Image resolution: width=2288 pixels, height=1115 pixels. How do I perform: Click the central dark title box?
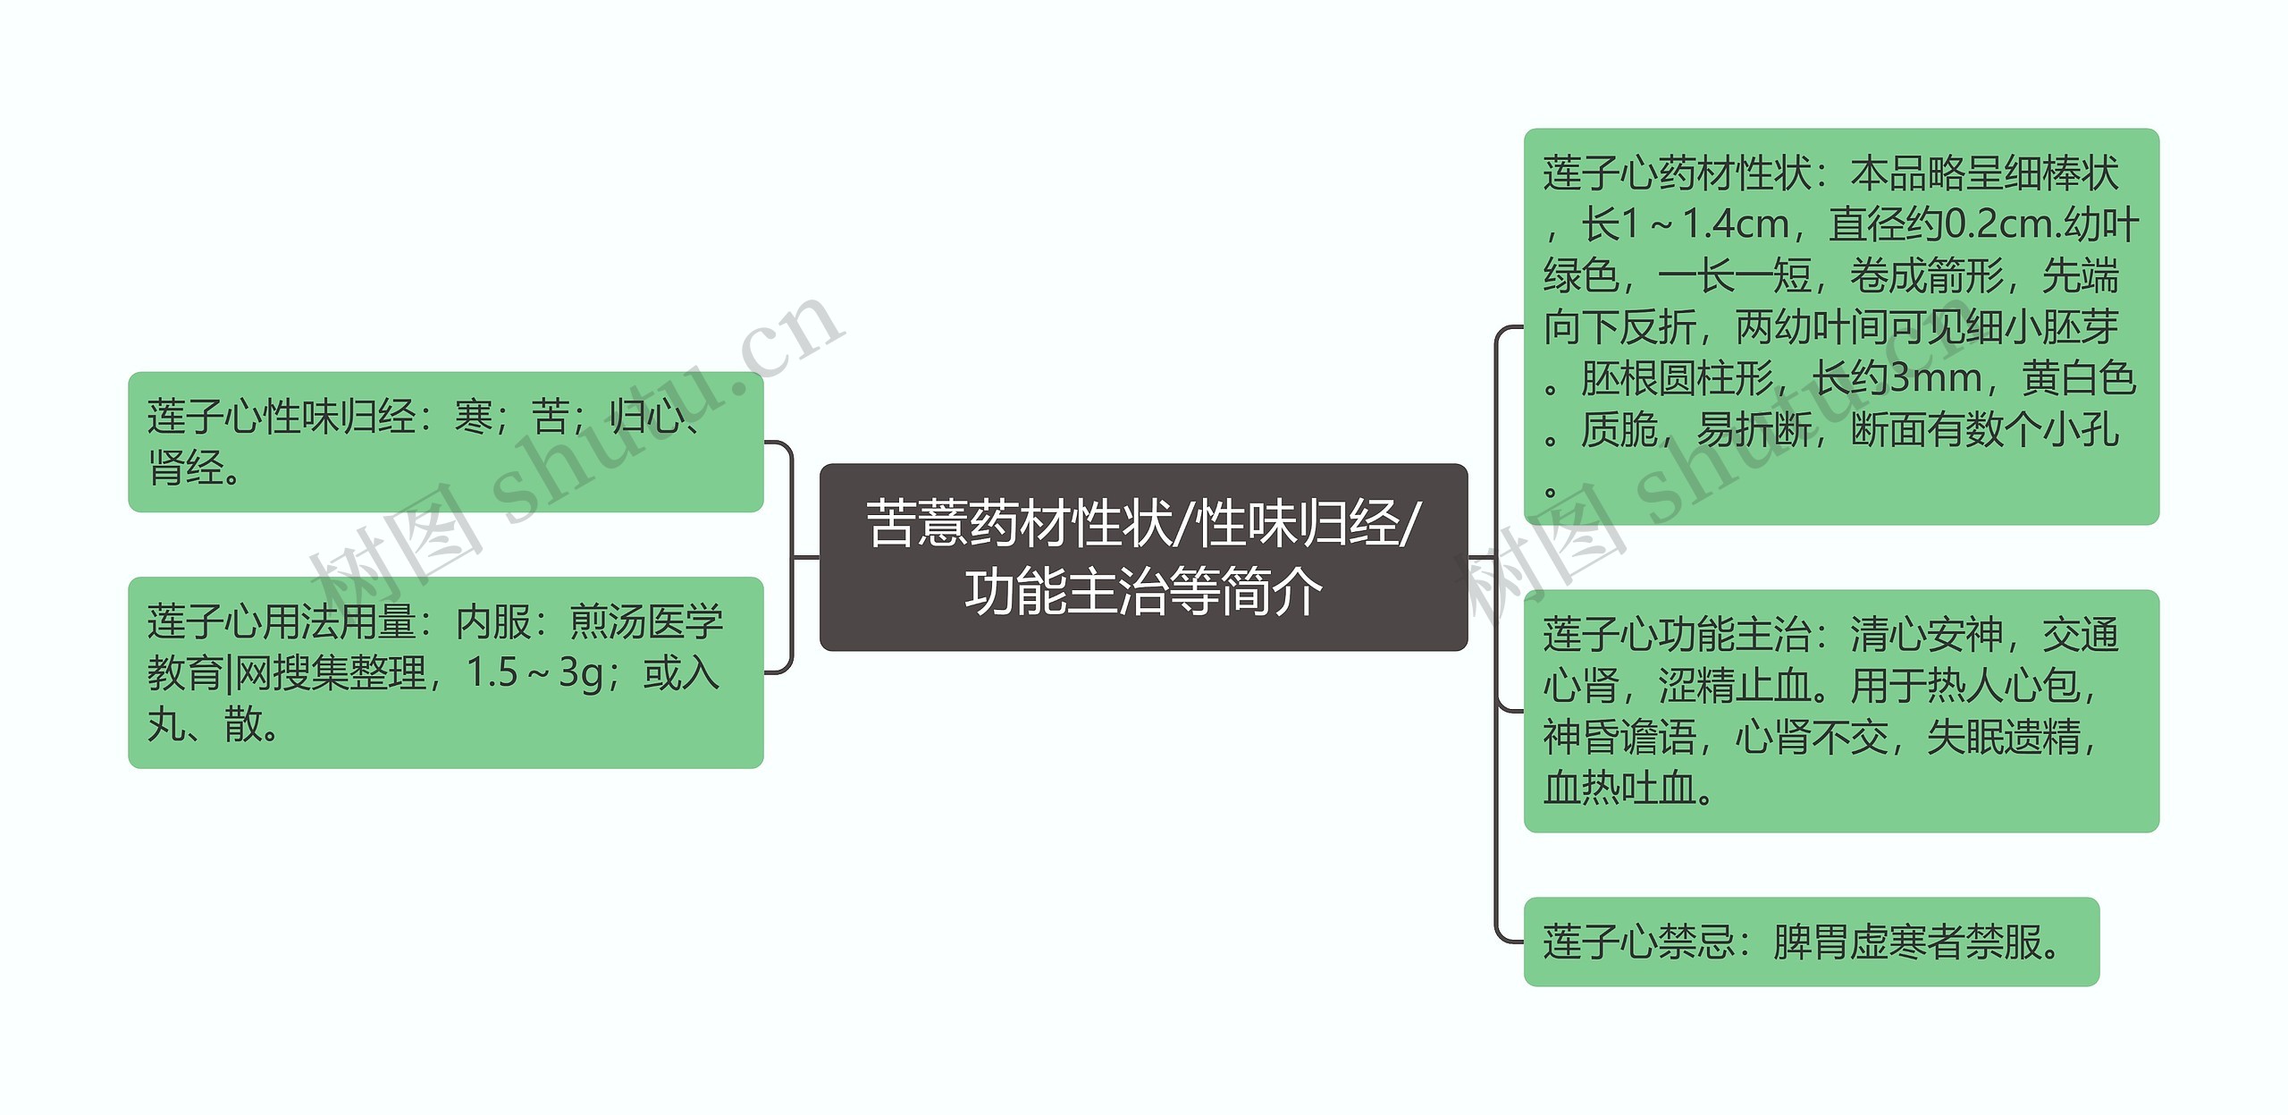[1143, 556]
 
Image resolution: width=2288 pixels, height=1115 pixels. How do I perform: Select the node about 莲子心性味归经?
[445, 442]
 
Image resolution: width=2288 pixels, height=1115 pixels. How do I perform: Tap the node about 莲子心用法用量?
[445, 672]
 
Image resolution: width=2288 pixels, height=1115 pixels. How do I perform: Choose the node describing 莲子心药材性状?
[1840, 326]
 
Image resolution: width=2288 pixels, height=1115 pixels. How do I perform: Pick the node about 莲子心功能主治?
[1840, 711]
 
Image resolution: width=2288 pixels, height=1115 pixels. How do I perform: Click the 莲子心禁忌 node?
[1811, 942]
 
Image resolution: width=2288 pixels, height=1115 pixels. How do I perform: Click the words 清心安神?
[1926, 635]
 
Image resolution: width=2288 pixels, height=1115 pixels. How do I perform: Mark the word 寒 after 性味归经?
[474, 417]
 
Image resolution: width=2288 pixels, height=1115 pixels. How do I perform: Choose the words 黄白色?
[2078, 378]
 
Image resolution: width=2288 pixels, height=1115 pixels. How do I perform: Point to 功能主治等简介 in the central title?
[1143, 591]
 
